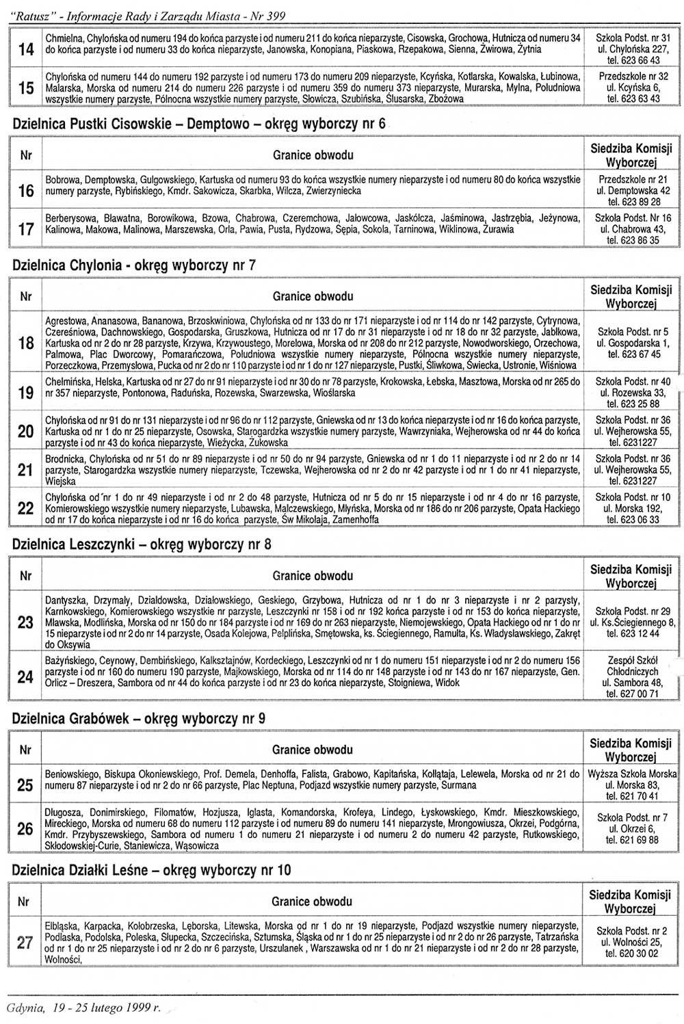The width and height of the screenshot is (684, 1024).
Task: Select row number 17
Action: [x=26, y=230]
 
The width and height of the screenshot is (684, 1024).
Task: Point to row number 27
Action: [x=25, y=943]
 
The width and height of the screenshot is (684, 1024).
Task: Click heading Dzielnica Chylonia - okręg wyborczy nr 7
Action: [x=134, y=265]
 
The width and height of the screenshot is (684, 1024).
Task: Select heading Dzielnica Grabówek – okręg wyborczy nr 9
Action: [x=139, y=719]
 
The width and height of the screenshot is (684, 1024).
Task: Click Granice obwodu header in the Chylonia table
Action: [x=313, y=296]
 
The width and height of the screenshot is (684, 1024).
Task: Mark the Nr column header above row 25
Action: [x=25, y=750]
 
